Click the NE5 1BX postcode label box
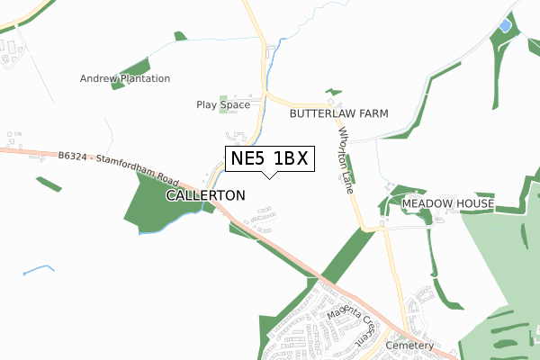pos(268,158)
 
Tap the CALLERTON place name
pos(205,194)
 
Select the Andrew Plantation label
pos(125,78)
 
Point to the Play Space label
pos(223,105)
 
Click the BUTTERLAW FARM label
pos(338,114)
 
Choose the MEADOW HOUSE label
pos(447,204)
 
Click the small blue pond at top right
pos(504,25)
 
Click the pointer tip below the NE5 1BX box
pos(268,176)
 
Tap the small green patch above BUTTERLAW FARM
pos(334,92)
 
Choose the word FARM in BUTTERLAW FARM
pos(373,114)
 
